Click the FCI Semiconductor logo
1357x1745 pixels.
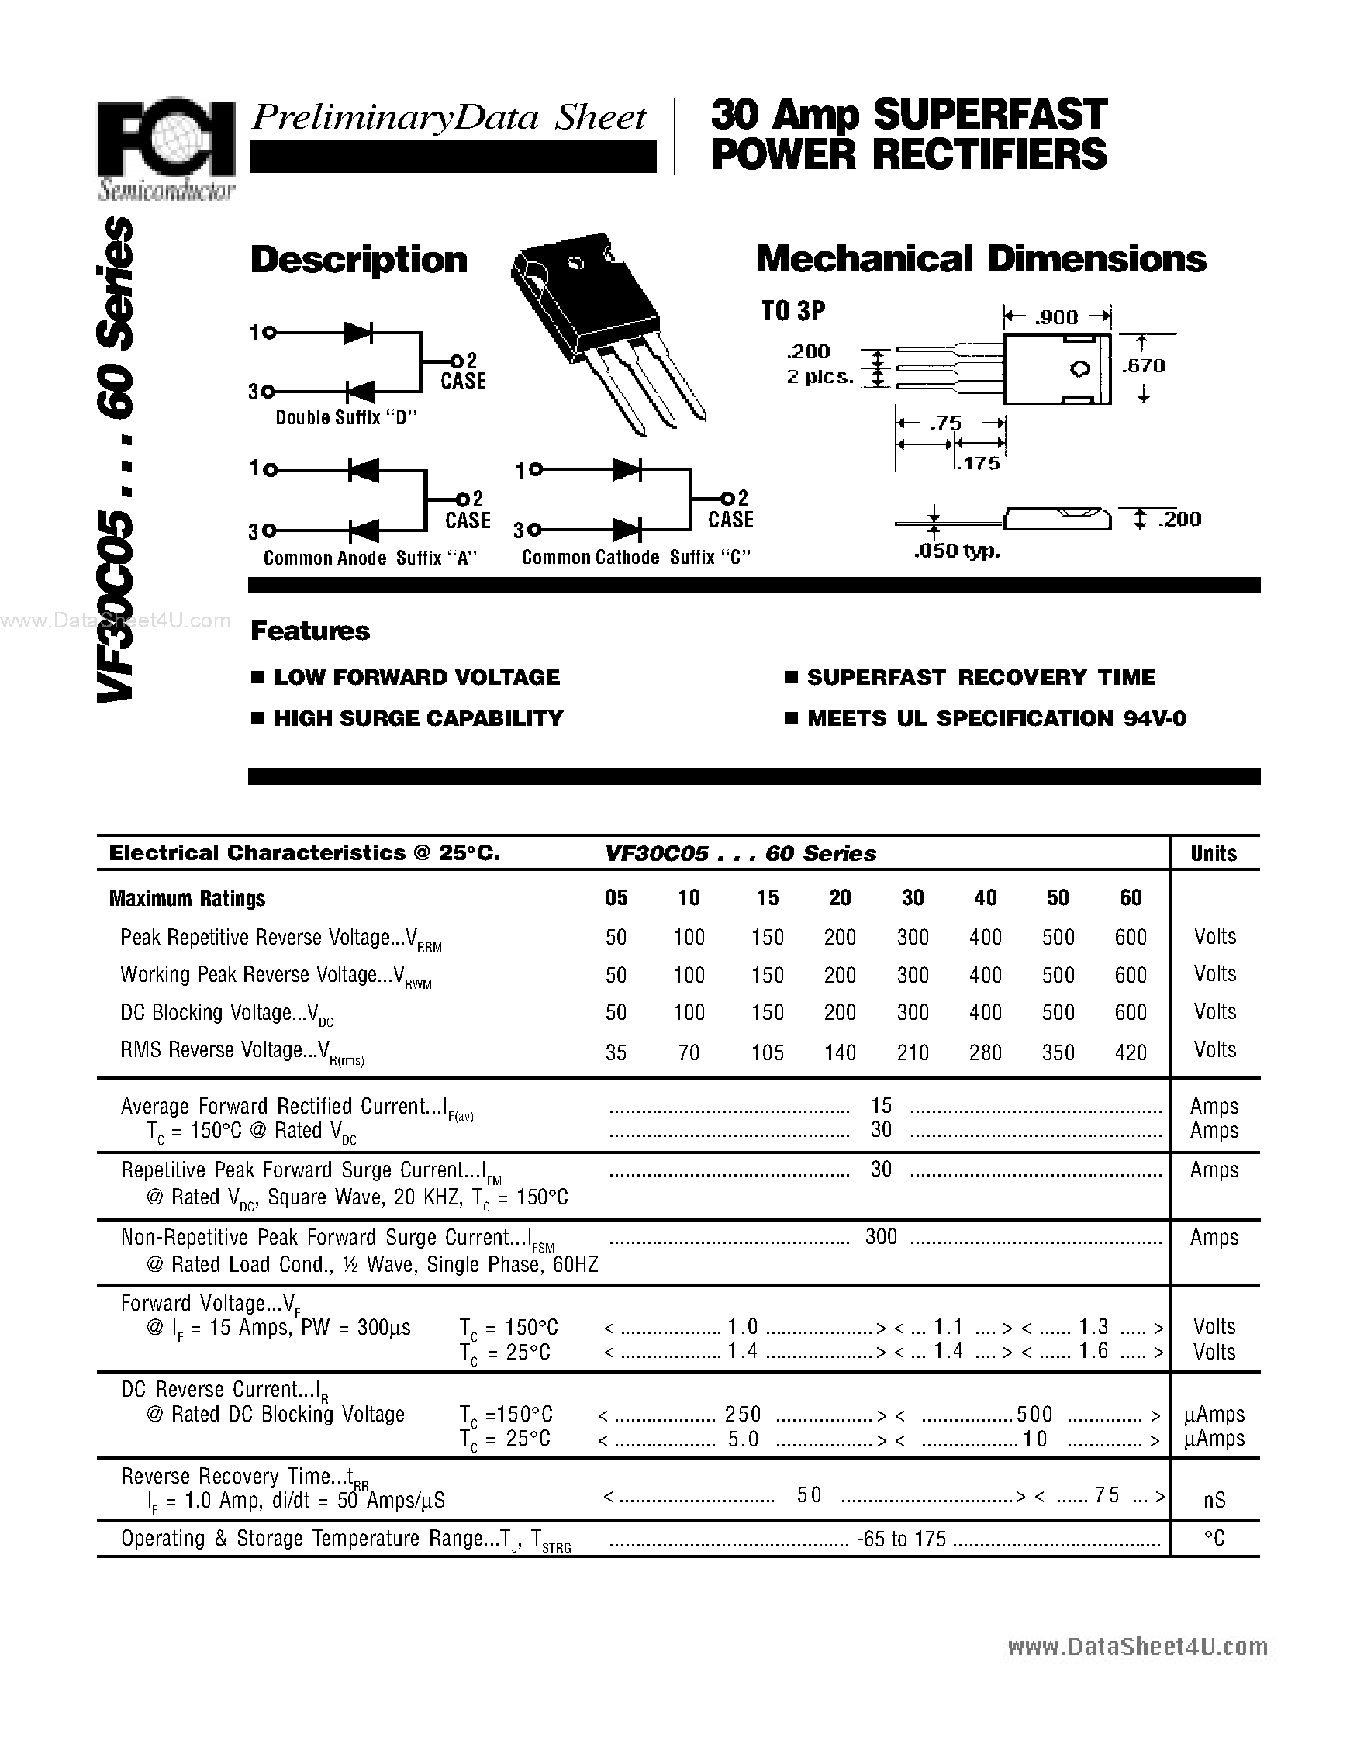tap(166, 149)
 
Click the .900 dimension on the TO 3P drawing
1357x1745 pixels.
tap(1056, 317)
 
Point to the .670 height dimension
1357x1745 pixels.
tap(1143, 366)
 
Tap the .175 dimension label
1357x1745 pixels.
tap(978, 464)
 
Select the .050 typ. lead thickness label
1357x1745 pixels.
tap(956, 551)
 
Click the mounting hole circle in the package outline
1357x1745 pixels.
tap(1080, 368)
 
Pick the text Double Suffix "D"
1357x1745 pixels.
tap(347, 418)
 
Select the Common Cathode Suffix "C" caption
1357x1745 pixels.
tap(636, 558)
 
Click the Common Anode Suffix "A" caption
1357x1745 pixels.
tap(370, 558)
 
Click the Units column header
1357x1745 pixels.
tap(1214, 853)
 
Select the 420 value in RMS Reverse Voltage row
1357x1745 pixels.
tap(1130, 1052)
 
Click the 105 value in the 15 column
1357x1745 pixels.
tap(767, 1052)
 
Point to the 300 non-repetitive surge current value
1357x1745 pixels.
tap(881, 1237)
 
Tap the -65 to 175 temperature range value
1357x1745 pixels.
tap(900, 1539)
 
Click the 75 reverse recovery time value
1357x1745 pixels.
tap(1107, 1495)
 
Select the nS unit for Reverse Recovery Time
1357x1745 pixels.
tap(1214, 1501)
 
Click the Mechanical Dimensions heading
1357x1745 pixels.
tap(980, 259)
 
